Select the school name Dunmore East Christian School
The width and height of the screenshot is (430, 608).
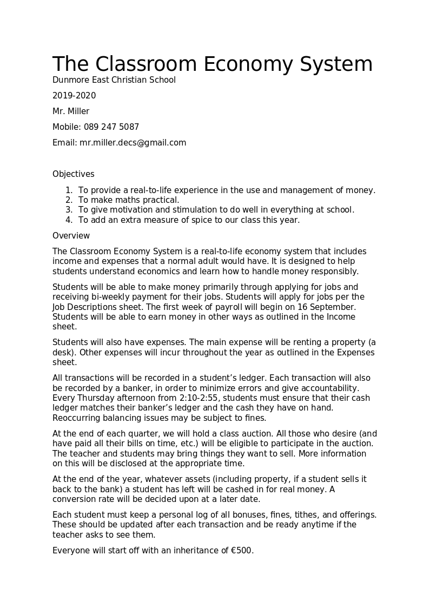click(114, 80)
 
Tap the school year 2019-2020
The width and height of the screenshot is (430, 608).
click(74, 96)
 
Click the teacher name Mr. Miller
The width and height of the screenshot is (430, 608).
click(71, 111)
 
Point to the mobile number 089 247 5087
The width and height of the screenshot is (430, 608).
click(111, 127)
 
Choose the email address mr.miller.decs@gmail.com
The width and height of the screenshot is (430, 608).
click(133, 143)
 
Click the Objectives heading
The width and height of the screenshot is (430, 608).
click(74, 174)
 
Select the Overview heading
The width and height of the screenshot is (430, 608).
click(71, 236)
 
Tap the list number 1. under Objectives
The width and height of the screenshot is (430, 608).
click(69, 190)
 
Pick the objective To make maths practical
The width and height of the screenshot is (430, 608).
click(129, 200)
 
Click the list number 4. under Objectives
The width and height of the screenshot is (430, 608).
click(69, 220)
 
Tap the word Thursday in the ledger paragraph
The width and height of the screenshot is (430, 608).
click(92, 398)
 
